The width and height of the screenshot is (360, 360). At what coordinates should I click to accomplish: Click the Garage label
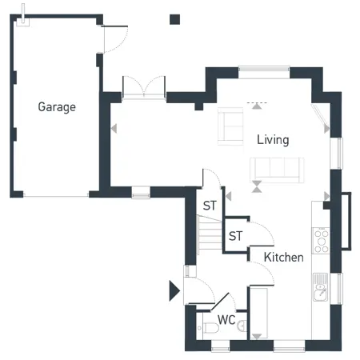tap(57, 107)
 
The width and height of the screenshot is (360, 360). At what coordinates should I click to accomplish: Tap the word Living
tap(273, 140)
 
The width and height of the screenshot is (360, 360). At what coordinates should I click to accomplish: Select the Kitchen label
tap(283, 258)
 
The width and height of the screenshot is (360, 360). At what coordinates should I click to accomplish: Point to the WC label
tap(226, 320)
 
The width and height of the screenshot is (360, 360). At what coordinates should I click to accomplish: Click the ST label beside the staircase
tap(210, 206)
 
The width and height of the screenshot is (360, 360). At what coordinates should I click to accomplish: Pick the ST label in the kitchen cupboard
tap(235, 236)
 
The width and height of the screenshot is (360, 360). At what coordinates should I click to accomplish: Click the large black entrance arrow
tap(174, 290)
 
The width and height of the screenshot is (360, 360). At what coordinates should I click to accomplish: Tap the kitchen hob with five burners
tap(322, 242)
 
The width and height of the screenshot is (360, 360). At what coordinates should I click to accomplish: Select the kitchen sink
tap(321, 287)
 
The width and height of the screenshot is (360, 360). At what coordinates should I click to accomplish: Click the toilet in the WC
tap(210, 328)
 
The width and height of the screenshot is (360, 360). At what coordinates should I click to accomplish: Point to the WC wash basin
tap(242, 326)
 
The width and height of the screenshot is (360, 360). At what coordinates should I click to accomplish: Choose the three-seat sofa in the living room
tap(277, 170)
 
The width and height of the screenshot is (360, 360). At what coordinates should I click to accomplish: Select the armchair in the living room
tap(230, 126)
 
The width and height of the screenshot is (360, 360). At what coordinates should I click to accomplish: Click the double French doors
tap(144, 88)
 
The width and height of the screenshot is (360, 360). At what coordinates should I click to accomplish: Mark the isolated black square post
tap(175, 19)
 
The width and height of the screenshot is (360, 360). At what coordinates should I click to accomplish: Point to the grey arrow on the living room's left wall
tap(114, 129)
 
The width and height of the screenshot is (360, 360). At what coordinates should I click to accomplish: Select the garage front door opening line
tap(56, 197)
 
